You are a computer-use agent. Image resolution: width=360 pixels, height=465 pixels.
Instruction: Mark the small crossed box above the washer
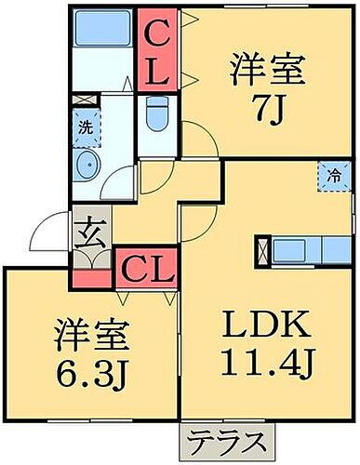pyautogui.click(x=83, y=99)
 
